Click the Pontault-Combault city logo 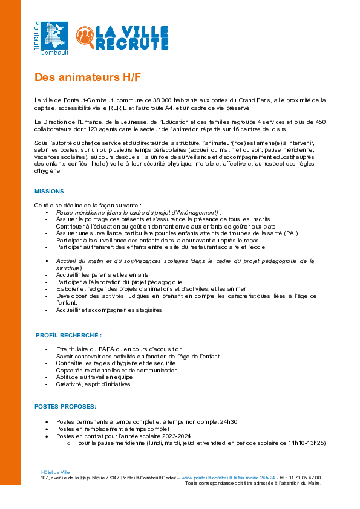tap(51, 39)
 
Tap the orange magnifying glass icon tap(85, 37)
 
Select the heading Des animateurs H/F tap(88, 77)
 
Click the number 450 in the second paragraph tap(320, 122)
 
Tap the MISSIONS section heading tap(49, 192)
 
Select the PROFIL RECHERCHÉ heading tap(68, 336)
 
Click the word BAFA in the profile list tap(106, 349)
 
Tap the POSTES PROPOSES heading tap(65, 407)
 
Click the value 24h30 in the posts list tap(229, 422)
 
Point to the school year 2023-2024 tap(176, 436)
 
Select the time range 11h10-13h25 tap(307, 443)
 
